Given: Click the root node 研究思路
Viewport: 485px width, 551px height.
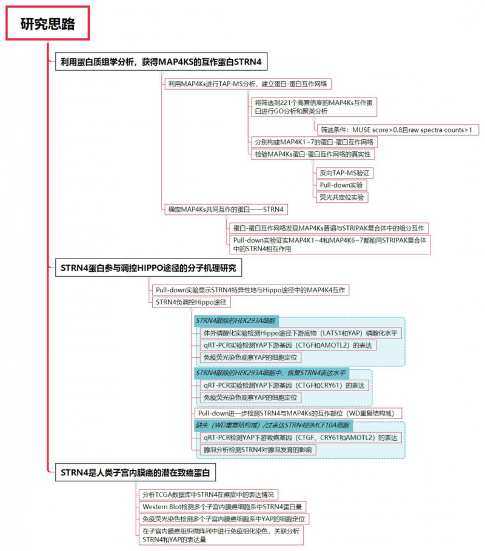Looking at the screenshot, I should tap(48, 24).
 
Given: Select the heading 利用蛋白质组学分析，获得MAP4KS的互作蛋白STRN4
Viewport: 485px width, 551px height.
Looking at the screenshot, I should tap(160, 61).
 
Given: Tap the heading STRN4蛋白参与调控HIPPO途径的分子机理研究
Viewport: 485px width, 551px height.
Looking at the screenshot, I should tap(148, 267).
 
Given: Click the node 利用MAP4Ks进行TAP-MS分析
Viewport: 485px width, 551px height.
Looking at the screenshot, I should tap(249, 84).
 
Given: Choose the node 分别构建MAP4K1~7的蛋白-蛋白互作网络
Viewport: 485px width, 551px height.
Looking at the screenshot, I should tap(315, 142).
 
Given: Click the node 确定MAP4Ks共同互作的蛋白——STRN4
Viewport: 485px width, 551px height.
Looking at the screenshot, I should tap(226, 210).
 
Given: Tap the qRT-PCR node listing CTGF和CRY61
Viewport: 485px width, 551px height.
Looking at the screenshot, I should tap(285, 385).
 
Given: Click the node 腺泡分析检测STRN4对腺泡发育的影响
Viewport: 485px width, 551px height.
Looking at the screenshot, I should tap(259, 450).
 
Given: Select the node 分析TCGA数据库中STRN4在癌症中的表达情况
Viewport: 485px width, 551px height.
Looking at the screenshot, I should tap(209, 495).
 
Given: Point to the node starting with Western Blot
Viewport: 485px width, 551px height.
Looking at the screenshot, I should tap(222, 507).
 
